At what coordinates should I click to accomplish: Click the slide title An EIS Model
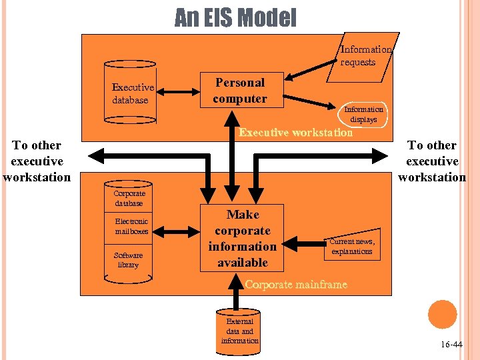(x=235, y=18)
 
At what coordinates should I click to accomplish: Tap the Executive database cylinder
(x=131, y=93)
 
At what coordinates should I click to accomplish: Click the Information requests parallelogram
(x=366, y=56)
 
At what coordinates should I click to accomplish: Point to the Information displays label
(x=363, y=114)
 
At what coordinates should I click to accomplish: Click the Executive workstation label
(x=296, y=133)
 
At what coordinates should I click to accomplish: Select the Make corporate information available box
(x=242, y=238)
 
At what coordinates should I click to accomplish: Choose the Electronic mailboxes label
(x=131, y=226)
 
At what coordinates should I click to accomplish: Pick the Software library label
(x=128, y=260)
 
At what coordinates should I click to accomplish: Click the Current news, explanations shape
(x=353, y=246)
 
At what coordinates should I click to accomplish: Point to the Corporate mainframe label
(x=296, y=285)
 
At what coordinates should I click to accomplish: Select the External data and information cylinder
(x=240, y=331)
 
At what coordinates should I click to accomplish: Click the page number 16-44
(x=451, y=345)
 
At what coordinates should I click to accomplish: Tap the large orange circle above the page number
(x=442, y=314)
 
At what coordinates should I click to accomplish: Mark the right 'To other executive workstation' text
(x=432, y=161)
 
